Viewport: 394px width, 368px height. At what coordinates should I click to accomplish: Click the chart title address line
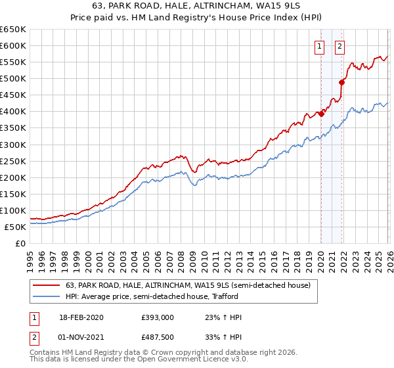196,7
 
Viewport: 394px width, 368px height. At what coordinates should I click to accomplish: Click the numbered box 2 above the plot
340,46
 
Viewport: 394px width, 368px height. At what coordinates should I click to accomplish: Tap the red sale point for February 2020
321,114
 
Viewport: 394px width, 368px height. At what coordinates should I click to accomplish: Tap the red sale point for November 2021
341,82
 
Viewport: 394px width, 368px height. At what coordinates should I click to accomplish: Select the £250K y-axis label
13,161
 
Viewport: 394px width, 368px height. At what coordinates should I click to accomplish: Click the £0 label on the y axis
20,244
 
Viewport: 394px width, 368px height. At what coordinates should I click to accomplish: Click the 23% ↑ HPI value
224,317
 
